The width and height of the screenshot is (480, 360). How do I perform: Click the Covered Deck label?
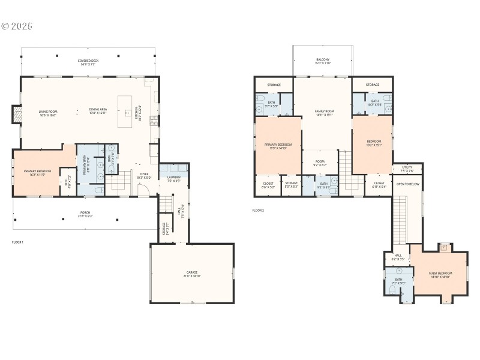point(88,62)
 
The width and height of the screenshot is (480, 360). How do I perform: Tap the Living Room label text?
point(47,113)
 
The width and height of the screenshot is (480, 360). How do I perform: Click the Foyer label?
point(144,176)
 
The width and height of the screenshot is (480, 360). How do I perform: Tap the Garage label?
point(192,274)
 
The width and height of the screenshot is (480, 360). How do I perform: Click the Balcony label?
point(323,61)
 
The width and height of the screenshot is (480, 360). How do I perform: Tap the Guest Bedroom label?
point(440,275)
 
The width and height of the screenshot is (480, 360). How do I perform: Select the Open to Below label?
point(407,184)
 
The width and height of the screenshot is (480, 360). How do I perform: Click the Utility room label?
point(407,169)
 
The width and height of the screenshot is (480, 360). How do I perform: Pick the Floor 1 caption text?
point(17,242)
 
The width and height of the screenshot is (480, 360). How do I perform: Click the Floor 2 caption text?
point(257,211)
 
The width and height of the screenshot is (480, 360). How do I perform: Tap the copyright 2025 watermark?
point(16,26)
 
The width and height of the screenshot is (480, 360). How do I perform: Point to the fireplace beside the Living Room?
point(17,114)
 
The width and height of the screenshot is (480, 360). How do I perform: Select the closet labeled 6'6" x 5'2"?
point(268,185)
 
